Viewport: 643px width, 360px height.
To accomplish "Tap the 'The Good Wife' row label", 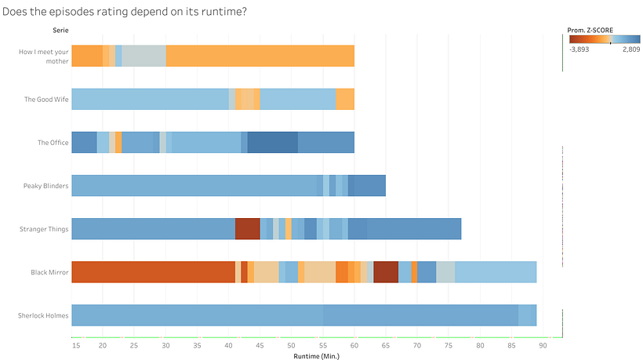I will [46, 100].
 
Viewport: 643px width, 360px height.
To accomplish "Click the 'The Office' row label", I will [53, 143].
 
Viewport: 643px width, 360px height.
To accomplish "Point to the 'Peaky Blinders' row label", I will [46, 187].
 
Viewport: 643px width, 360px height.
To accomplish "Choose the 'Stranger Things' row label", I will [45, 230].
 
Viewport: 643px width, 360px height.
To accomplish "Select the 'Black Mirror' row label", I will [49, 273].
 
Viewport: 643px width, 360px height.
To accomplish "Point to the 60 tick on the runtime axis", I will [354, 344].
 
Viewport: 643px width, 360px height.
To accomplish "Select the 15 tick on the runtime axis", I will [76, 344].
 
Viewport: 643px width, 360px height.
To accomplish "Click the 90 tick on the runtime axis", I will [543, 344].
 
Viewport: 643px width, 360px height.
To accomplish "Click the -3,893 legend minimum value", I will [581, 49].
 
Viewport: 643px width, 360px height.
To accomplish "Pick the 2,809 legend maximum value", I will [630, 49].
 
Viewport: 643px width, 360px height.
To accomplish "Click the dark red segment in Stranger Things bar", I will [247, 229].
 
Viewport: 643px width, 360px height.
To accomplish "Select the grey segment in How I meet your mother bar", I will [143, 56].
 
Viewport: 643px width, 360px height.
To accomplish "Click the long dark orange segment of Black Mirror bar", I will [153, 272].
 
